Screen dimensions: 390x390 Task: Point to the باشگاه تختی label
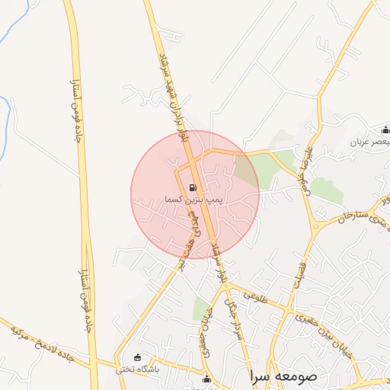click(136, 370)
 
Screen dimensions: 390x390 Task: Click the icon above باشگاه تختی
click(137, 358)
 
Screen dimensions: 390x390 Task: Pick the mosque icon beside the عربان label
click(385, 129)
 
